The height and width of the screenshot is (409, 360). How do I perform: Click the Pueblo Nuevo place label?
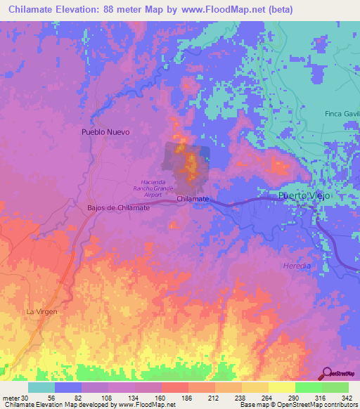pyautogui.click(x=106, y=131)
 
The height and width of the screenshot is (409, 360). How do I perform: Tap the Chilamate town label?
pyautogui.click(x=193, y=200)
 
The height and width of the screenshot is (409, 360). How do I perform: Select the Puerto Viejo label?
pyautogui.click(x=304, y=195)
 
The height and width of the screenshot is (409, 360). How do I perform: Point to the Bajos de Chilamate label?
pyautogui.click(x=118, y=208)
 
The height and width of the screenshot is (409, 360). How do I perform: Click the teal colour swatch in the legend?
pyautogui.click(x=41, y=387)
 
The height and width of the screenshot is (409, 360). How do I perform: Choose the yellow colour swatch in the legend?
pyautogui.click(x=282, y=387)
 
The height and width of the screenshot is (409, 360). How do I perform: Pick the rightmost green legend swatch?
pyautogui.click(x=335, y=387)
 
